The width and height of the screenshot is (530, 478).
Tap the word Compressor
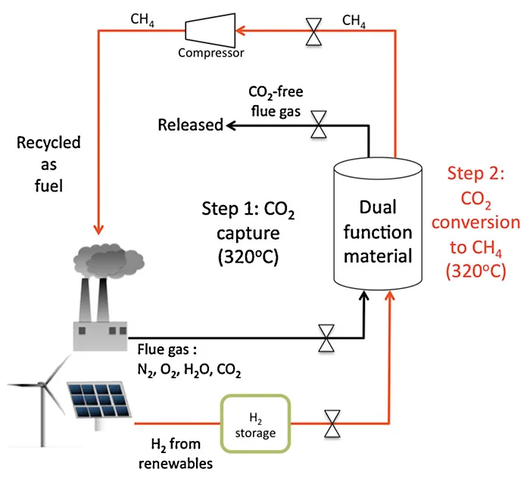pos(211,54)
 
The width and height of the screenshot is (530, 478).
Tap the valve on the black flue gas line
pos(326,338)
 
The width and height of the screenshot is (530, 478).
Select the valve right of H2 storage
pos(332,424)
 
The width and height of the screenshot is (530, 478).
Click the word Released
pos(190,124)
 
